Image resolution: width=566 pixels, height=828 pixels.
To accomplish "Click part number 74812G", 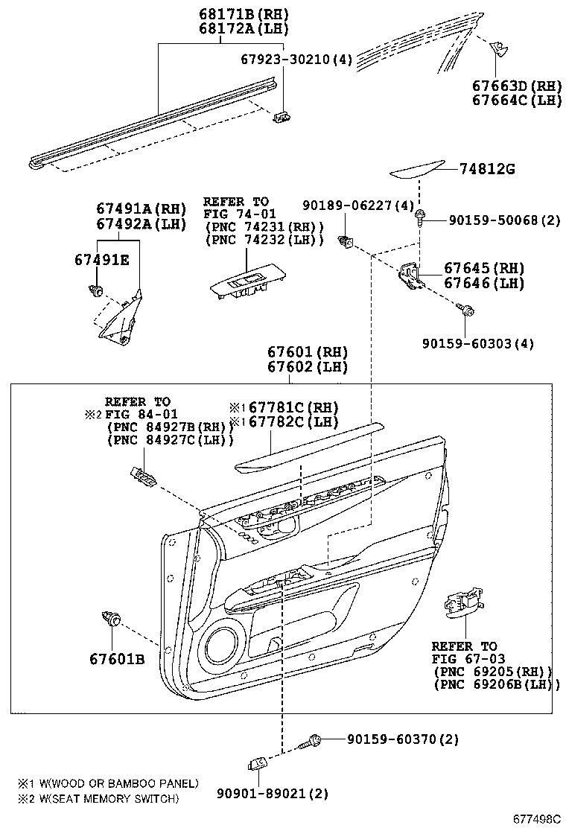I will point(485,170).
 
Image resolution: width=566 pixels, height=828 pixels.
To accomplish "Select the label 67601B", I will point(117,659).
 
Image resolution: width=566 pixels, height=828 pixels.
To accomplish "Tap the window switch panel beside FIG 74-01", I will point(238,287).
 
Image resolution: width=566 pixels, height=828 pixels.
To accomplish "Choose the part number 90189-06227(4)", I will point(357,205).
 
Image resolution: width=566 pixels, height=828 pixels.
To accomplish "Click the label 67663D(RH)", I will point(517,85).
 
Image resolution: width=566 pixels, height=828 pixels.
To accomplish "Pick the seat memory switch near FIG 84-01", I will point(144,476).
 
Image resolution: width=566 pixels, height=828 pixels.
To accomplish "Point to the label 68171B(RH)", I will point(233,14).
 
